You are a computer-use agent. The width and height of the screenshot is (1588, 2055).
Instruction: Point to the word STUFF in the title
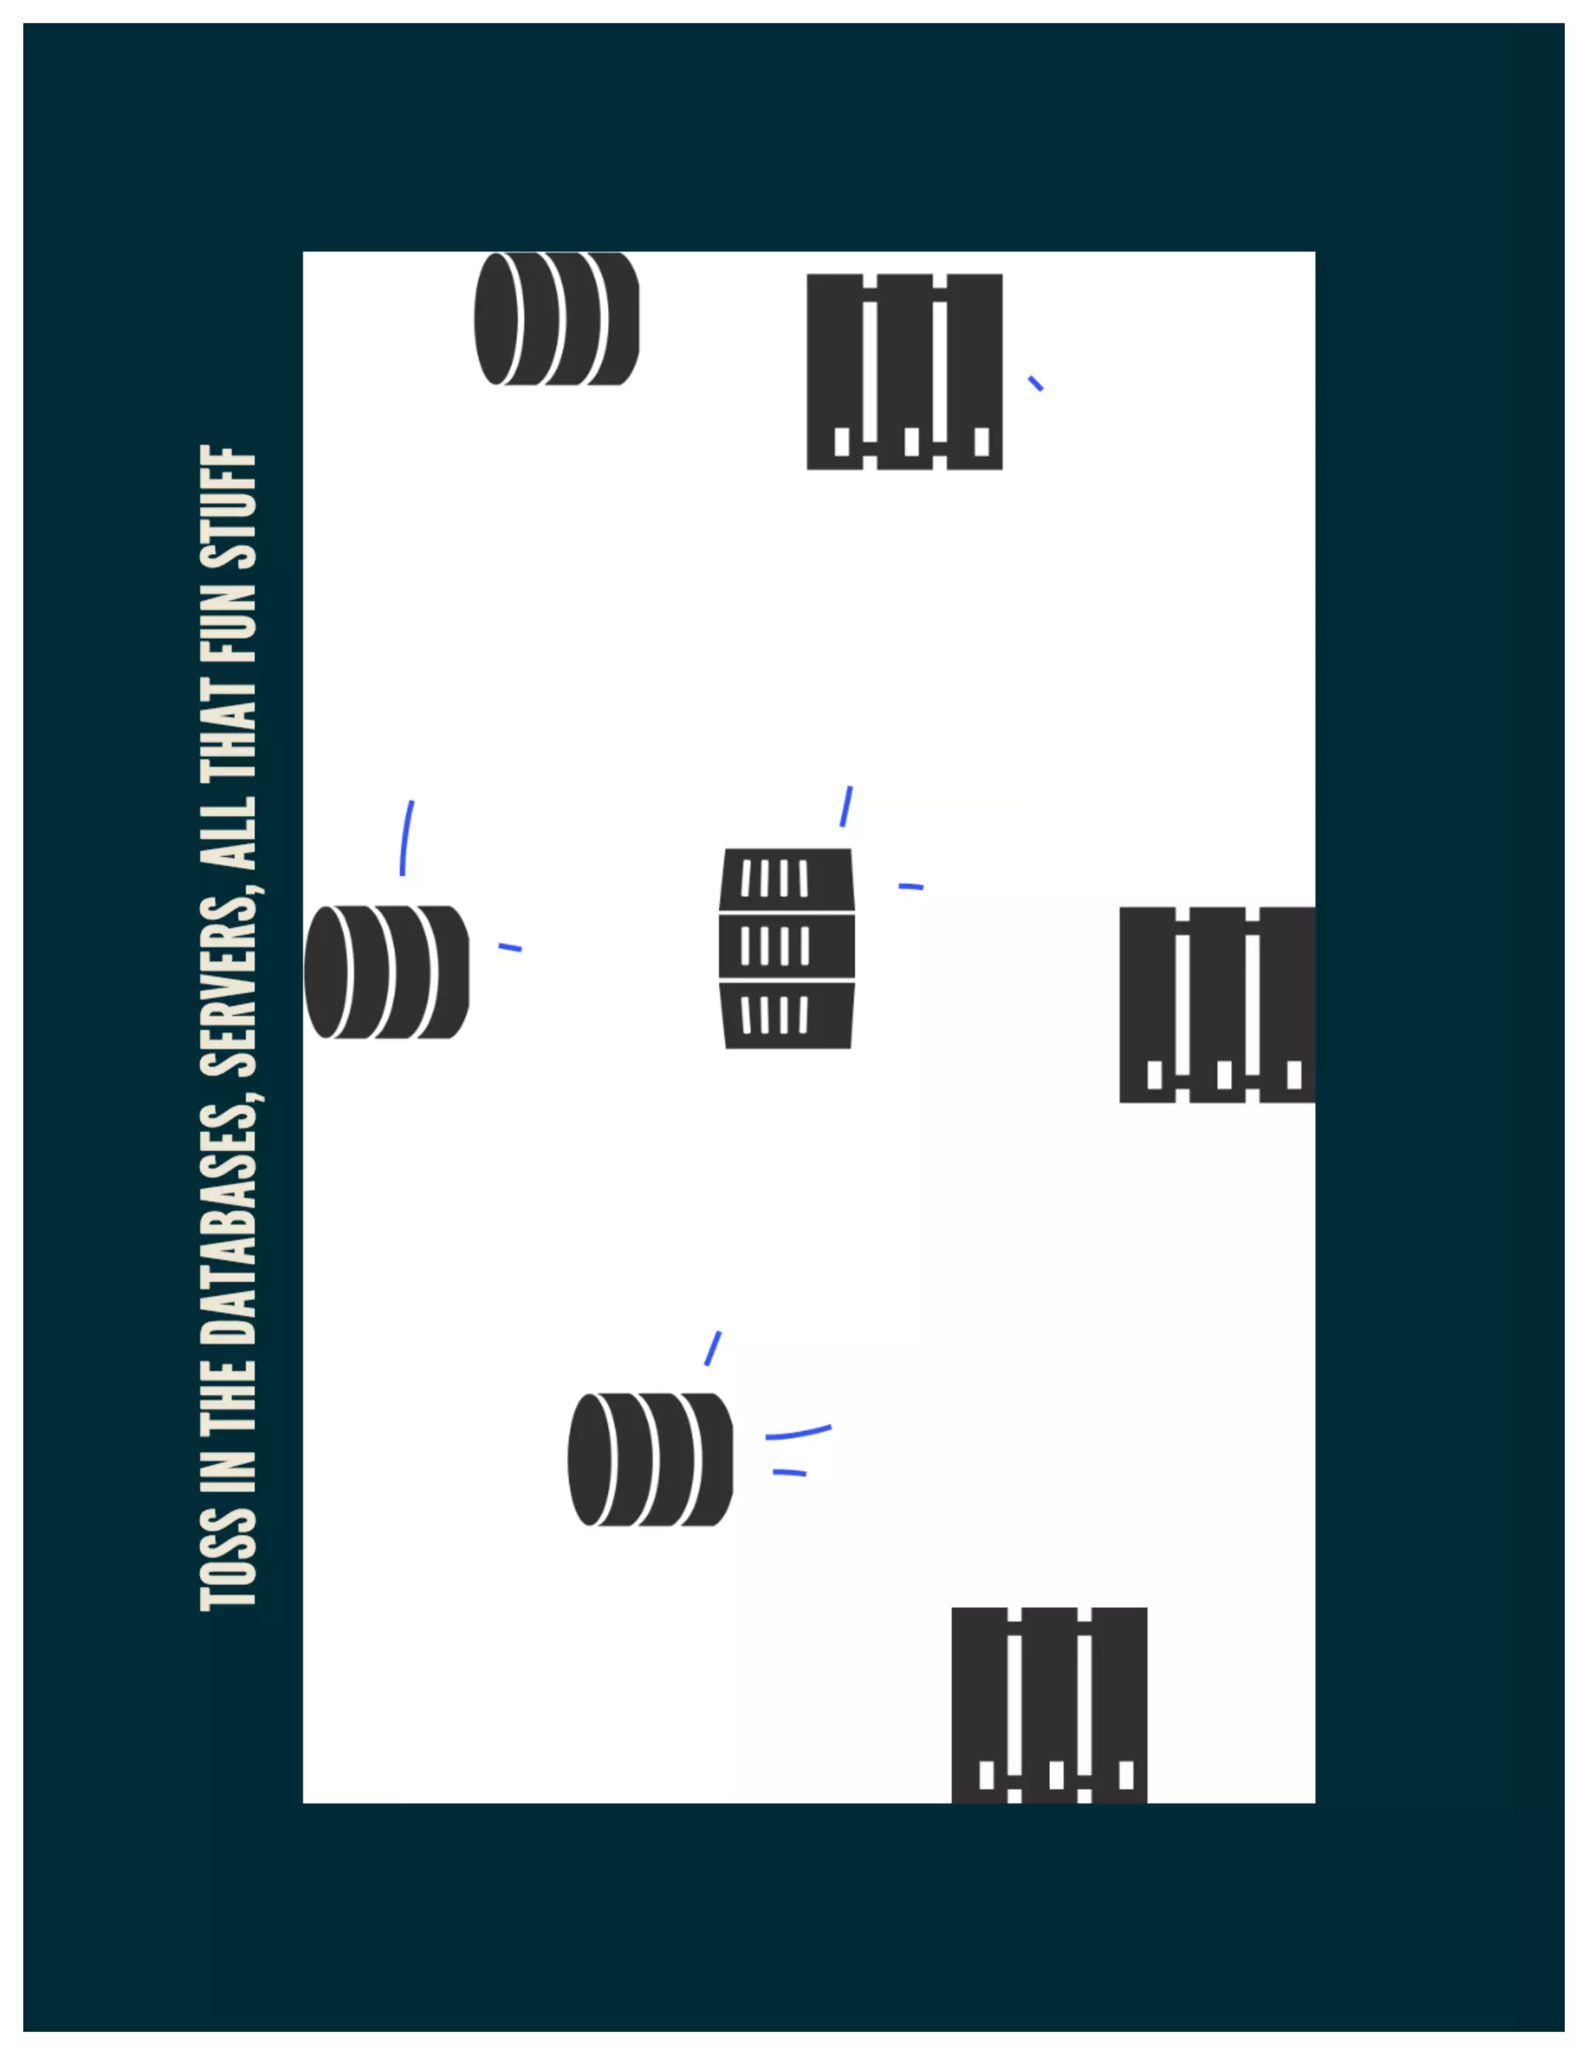pyautogui.click(x=229, y=509)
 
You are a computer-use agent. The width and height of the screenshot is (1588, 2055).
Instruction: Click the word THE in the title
pyautogui.click(x=229, y=1389)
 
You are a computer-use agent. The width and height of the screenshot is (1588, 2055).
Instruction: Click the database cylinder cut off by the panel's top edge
pyautogui.click(x=556, y=318)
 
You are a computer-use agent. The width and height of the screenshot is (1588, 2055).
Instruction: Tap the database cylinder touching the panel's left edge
pyautogui.click(x=385, y=972)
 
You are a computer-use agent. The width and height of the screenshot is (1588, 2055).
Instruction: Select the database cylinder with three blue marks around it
pyautogui.click(x=650, y=1459)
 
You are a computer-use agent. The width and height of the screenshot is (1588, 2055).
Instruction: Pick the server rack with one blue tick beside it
pyautogui.click(x=904, y=371)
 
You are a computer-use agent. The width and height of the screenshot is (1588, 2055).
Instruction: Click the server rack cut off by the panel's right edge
pyautogui.click(x=1217, y=1004)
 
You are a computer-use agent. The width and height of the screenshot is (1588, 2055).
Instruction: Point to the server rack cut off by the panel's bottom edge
pyautogui.click(x=1049, y=1704)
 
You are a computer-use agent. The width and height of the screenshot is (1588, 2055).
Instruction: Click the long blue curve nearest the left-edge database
pyautogui.click(x=406, y=838)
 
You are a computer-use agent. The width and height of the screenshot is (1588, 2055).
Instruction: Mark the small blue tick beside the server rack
pyautogui.click(x=1035, y=383)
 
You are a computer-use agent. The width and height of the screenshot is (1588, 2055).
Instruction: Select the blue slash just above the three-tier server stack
pyautogui.click(x=846, y=806)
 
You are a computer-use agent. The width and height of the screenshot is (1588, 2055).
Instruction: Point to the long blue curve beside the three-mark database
pyautogui.click(x=798, y=1432)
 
